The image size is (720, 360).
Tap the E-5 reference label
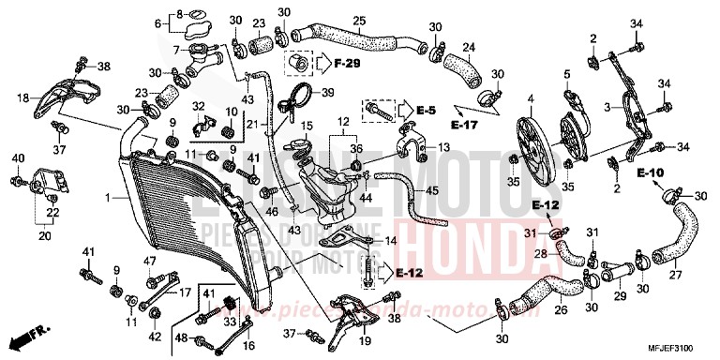tap(427, 110)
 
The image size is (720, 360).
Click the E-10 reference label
tap(651, 172)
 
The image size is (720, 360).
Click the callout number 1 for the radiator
tap(109, 198)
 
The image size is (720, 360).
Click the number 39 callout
tap(329, 92)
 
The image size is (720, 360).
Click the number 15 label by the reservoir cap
tap(307, 126)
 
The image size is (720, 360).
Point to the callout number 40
tap(17, 158)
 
